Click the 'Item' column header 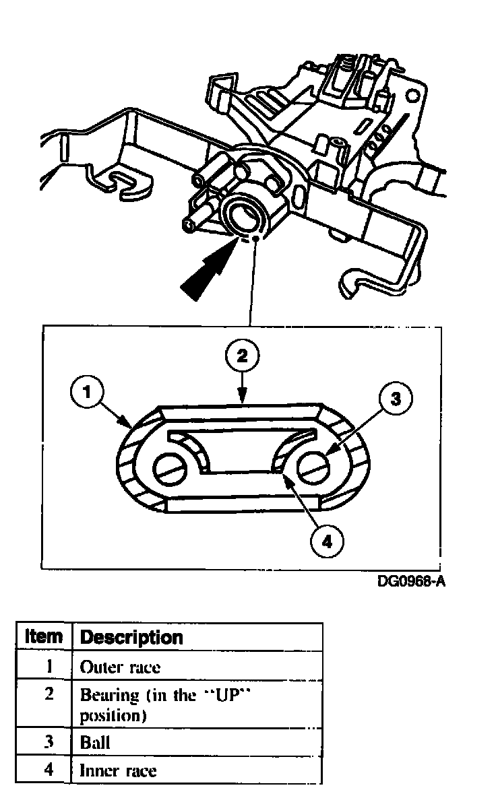tap(44, 636)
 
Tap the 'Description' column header tap(131, 636)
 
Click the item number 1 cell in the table tap(49, 667)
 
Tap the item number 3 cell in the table tap(49, 743)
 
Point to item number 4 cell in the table tap(49, 770)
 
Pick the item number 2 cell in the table tap(49, 695)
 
